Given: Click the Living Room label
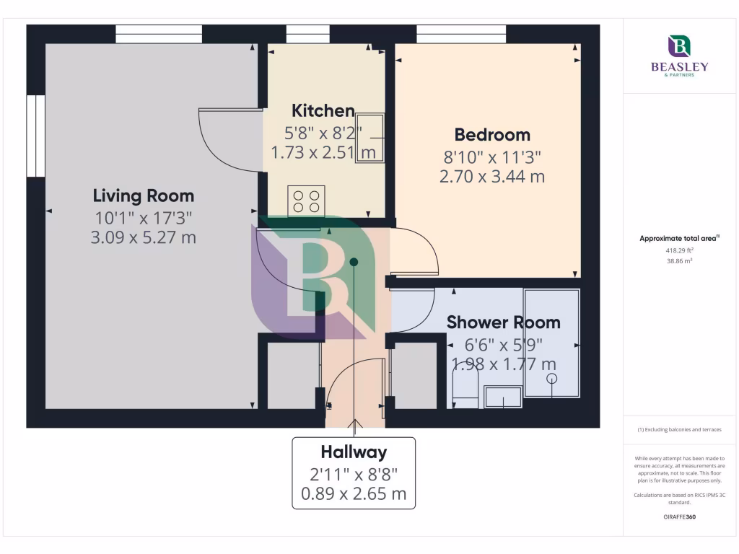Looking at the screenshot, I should [143, 195].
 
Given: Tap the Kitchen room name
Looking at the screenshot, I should [323, 111].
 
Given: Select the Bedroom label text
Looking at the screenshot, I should [491, 135].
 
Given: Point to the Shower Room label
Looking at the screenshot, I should [503, 322].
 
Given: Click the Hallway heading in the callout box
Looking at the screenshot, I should [354, 452].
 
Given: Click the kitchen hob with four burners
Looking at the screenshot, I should [306, 201].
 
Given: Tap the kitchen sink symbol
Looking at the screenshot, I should [369, 137].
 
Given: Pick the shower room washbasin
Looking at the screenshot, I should [503, 396].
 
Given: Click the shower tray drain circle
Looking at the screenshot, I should [552, 378].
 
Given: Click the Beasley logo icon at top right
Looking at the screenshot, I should [679, 46].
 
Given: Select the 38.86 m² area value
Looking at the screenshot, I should [679, 261].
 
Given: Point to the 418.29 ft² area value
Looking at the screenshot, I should [679, 250].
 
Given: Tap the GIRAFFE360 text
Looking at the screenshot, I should [679, 516].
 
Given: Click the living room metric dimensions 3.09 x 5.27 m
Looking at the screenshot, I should [143, 237].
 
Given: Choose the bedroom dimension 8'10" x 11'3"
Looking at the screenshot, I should [491, 157].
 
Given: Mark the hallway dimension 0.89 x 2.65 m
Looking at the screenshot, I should [354, 494].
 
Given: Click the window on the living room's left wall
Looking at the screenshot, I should [36, 136].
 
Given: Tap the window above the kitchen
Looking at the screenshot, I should [307, 34].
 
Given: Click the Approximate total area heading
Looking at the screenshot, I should [679, 238].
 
